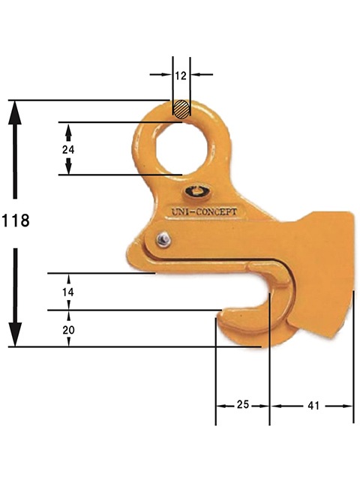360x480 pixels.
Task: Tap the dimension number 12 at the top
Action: (181, 75)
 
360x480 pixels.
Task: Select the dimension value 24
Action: (68, 149)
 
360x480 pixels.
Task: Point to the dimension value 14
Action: (69, 291)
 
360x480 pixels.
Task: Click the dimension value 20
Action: (69, 328)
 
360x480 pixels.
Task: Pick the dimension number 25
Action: (243, 405)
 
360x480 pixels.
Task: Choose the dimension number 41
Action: (313, 405)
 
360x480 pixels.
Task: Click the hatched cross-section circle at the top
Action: (181, 109)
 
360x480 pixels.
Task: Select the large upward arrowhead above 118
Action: (15, 115)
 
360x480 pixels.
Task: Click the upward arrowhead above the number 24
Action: (68, 130)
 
